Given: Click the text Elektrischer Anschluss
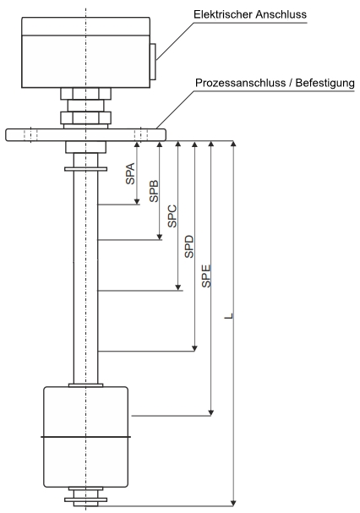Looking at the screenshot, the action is pyautogui.click(x=250, y=14).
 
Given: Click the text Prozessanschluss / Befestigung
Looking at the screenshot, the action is pyautogui.click(x=275, y=83).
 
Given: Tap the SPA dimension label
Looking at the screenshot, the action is pyautogui.click(x=130, y=173).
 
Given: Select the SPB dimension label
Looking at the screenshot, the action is pyautogui.click(x=154, y=191).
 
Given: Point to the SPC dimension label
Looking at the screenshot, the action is pyautogui.click(x=172, y=216).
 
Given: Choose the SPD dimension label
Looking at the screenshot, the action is pyautogui.click(x=189, y=246).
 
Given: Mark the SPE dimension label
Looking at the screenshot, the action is pyautogui.click(x=206, y=276).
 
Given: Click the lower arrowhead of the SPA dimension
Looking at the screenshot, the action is pyautogui.click(x=137, y=201).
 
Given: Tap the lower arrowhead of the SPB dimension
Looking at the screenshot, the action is pyautogui.click(x=160, y=237).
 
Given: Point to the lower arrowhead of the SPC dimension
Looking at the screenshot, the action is pyautogui.click(x=178, y=287).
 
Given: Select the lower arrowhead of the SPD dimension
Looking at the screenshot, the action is pyautogui.click(x=194, y=348).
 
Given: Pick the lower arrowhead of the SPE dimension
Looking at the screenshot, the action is pyautogui.click(x=211, y=412).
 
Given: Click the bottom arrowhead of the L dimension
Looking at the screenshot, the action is pyautogui.click(x=233, y=503).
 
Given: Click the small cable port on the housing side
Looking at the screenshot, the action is pyautogui.click(x=153, y=62).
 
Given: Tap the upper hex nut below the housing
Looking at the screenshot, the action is pyautogui.click(x=85, y=94).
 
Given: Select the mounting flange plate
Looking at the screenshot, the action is pyautogui.click(x=85, y=134).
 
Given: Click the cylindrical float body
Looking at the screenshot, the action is pyautogui.click(x=85, y=437).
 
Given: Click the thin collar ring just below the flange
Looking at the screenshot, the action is pyautogui.click(x=85, y=169).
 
